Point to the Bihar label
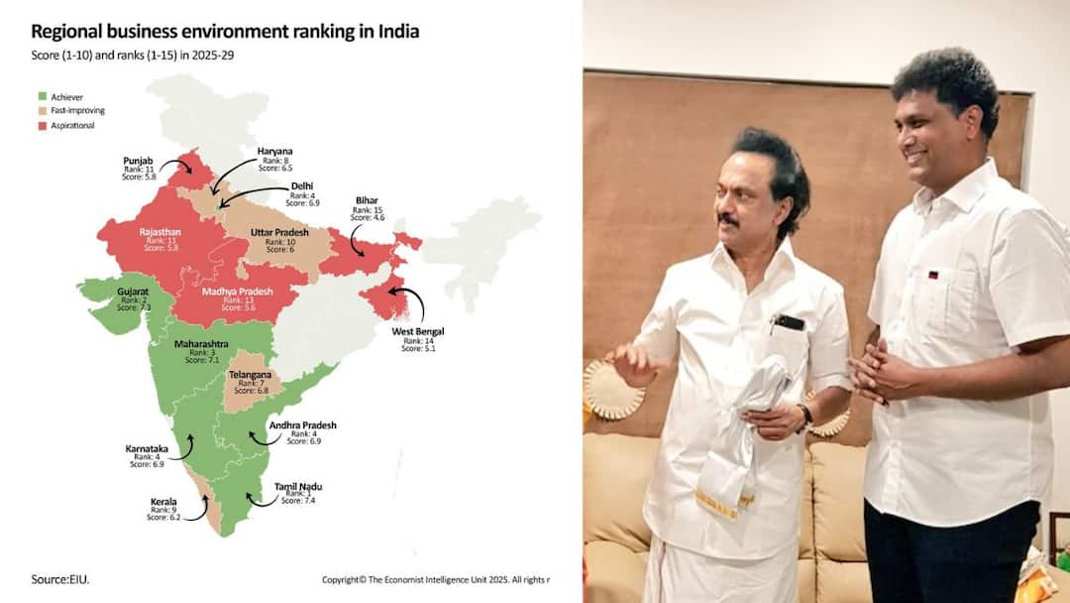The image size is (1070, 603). click(367, 201)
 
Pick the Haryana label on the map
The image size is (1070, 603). click(274, 152)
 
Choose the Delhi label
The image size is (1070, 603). click(302, 186)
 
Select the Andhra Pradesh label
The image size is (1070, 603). click(302, 425)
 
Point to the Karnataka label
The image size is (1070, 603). click(146, 448)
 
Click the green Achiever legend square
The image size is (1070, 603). click(43, 97)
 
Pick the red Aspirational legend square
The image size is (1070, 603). click(43, 125)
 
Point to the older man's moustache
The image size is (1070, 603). click(730, 218)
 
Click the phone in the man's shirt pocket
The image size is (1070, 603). click(790, 322)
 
